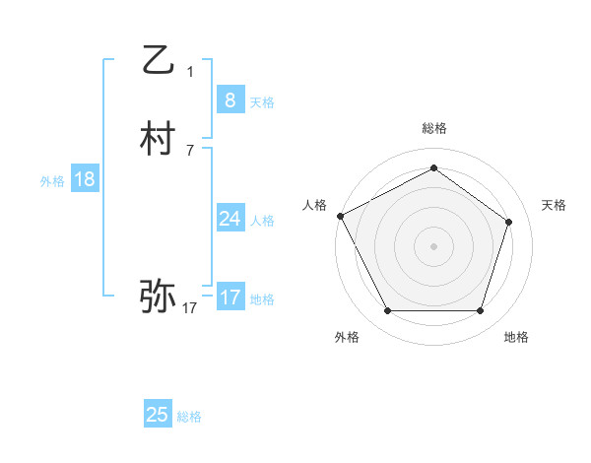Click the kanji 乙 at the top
point(158,60)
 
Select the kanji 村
point(158,140)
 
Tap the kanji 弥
point(158,295)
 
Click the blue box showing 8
point(230,99)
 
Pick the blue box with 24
point(230,218)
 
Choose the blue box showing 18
point(84,178)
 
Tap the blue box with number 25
point(158,415)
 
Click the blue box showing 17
point(230,297)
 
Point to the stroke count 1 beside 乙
point(190,71)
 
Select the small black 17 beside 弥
point(189,308)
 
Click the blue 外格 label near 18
point(52,181)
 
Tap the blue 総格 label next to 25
point(189,418)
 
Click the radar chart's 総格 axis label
point(433,128)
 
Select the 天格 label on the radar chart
point(554,205)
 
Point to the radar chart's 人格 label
point(314,205)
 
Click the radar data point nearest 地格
point(480,311)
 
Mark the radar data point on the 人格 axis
point(341,216)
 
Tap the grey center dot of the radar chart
point(433,246)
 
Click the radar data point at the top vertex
point(433,168)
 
